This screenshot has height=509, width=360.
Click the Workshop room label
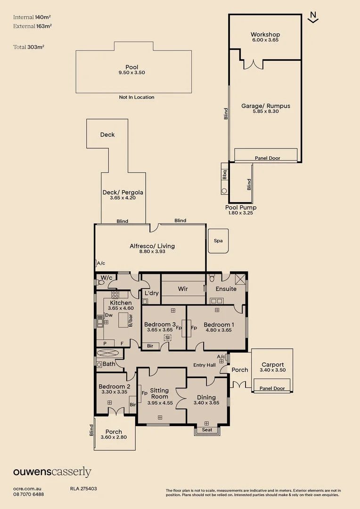point(265,34)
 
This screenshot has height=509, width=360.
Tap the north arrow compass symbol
point(313,17)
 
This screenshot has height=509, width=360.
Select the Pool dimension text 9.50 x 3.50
point(132,73)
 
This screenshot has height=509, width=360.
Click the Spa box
point(218,241)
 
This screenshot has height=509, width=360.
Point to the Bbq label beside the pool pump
point(225,175)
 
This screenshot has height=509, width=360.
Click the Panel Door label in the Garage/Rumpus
point(268,158)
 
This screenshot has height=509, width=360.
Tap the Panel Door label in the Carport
point(272,388)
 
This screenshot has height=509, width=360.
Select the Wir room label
point(183,288)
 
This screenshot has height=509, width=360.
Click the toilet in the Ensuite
point(212,278)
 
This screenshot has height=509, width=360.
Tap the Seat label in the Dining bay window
point(207,430)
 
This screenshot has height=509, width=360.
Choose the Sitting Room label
point(159,394)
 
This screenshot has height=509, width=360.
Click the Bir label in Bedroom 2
point(133,405)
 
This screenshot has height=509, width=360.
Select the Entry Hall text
point(205,365)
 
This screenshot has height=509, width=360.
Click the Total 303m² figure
point(29,47)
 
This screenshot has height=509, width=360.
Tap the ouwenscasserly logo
point(52,472)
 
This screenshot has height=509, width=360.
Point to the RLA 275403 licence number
point(83,489)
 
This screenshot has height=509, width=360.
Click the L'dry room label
point(152,293)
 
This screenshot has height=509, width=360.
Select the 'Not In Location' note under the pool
point(137,97)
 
